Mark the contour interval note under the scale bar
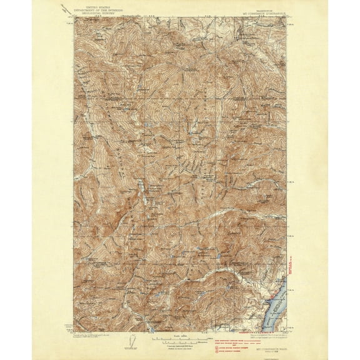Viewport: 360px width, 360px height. [180, 345]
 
